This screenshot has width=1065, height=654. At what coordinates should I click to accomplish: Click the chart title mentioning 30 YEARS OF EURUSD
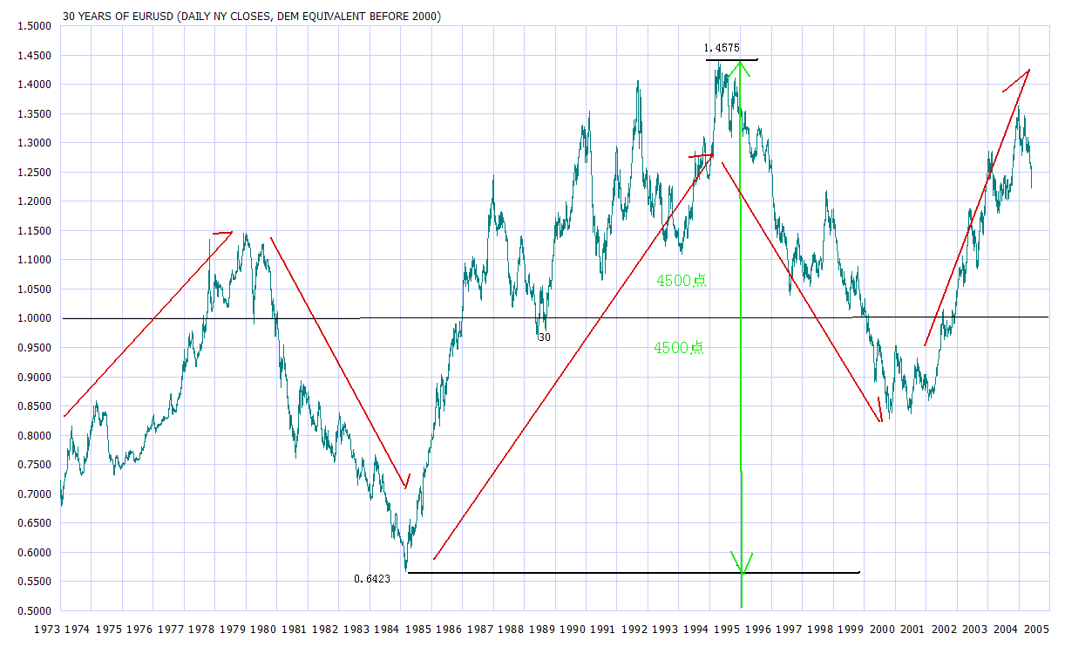pyautogui.click(x=252, y=16)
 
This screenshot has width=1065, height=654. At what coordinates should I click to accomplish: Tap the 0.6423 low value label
pyautogui.click(x=372, y=578)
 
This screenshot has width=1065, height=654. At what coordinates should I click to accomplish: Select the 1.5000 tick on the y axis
pyautogui.click(x=32, y=26)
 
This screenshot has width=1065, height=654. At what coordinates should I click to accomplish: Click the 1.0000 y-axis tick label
pyautogui.click(x=32, y=318)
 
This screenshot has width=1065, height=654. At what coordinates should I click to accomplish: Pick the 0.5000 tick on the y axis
pyautogui.click(x=32, y=610)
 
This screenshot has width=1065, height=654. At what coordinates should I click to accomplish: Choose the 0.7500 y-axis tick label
pyautogui.click(x=32, y=465)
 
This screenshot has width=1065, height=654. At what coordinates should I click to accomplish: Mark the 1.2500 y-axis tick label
pyautogui.click(x=32, y=173)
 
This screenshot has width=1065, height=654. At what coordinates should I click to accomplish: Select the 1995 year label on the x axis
pyautogui.click(x=728, y=629)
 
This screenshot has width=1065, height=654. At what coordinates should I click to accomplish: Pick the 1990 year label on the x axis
pyautogui.click(x=573, y=629)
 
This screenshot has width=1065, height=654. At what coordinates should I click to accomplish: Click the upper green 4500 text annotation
pyautogui.click(x=680, y=281)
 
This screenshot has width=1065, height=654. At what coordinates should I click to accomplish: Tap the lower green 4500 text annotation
pyautogui.click(x=679, y=347)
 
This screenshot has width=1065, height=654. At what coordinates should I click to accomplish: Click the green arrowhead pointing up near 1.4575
pyautogui.click(x=740, y=66)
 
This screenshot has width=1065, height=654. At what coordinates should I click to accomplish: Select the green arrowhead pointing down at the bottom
pyautogui.click(x=742, y=562)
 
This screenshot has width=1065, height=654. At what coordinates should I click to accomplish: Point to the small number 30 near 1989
pyautogui.click(x=544, y=337)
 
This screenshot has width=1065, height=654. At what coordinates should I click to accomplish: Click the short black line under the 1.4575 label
pyautogui.click(x=732, y=59)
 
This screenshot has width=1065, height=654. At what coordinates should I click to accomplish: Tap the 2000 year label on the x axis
pyautogui.click(x=882, y=629)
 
